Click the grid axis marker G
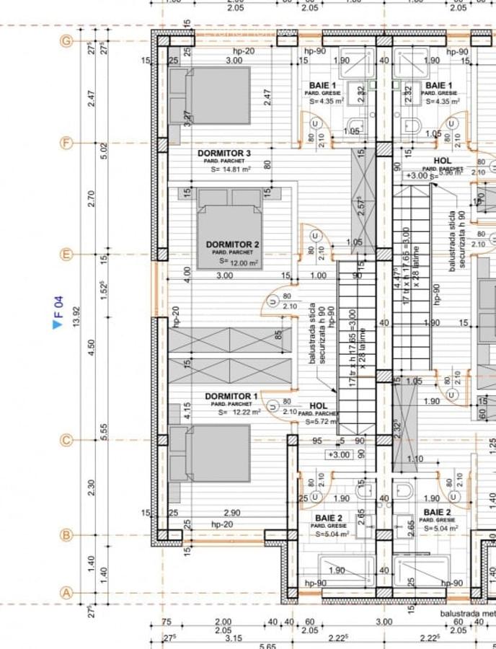(67, 41)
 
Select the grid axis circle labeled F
(67, 143)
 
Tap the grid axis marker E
(67, 255)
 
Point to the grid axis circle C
(67, 440)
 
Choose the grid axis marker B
(67, 535)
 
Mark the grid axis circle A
(67, 593)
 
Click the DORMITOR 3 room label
(224, 154)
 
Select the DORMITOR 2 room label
(232, 245)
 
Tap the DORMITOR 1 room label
(231, 397)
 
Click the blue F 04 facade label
(59, 305)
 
